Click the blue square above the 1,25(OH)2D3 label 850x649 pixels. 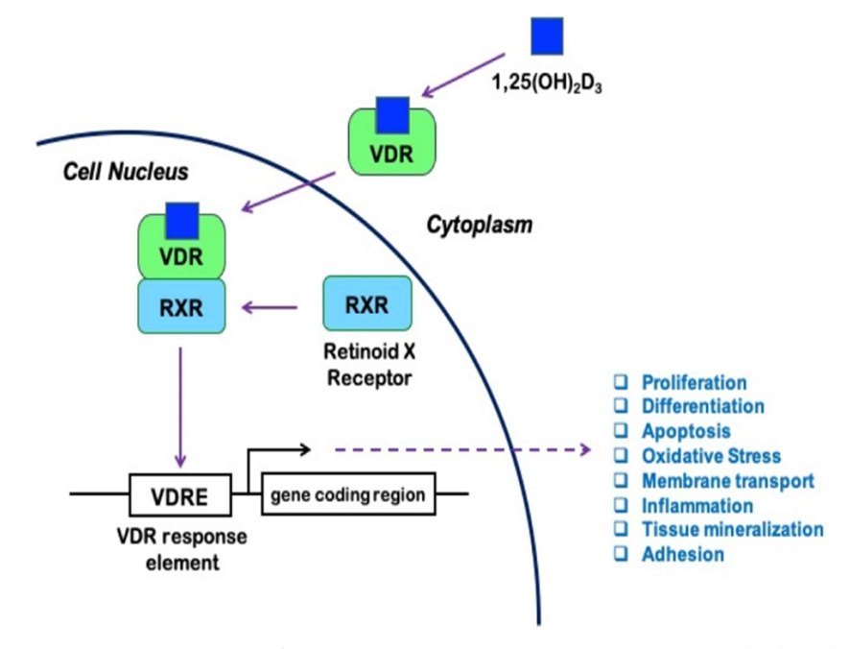548,36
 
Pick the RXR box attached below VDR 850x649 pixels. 181,306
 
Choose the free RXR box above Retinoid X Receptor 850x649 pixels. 368,306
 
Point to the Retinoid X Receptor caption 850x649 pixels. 369,367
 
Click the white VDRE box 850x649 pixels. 181,496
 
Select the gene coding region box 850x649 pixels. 348,495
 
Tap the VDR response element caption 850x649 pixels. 182,549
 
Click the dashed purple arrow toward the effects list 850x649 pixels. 460,448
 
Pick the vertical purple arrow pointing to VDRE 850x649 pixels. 181,403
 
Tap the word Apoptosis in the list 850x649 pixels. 686,431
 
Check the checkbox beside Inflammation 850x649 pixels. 620,505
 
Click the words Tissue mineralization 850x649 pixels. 732,529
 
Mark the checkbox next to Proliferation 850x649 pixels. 620,381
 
